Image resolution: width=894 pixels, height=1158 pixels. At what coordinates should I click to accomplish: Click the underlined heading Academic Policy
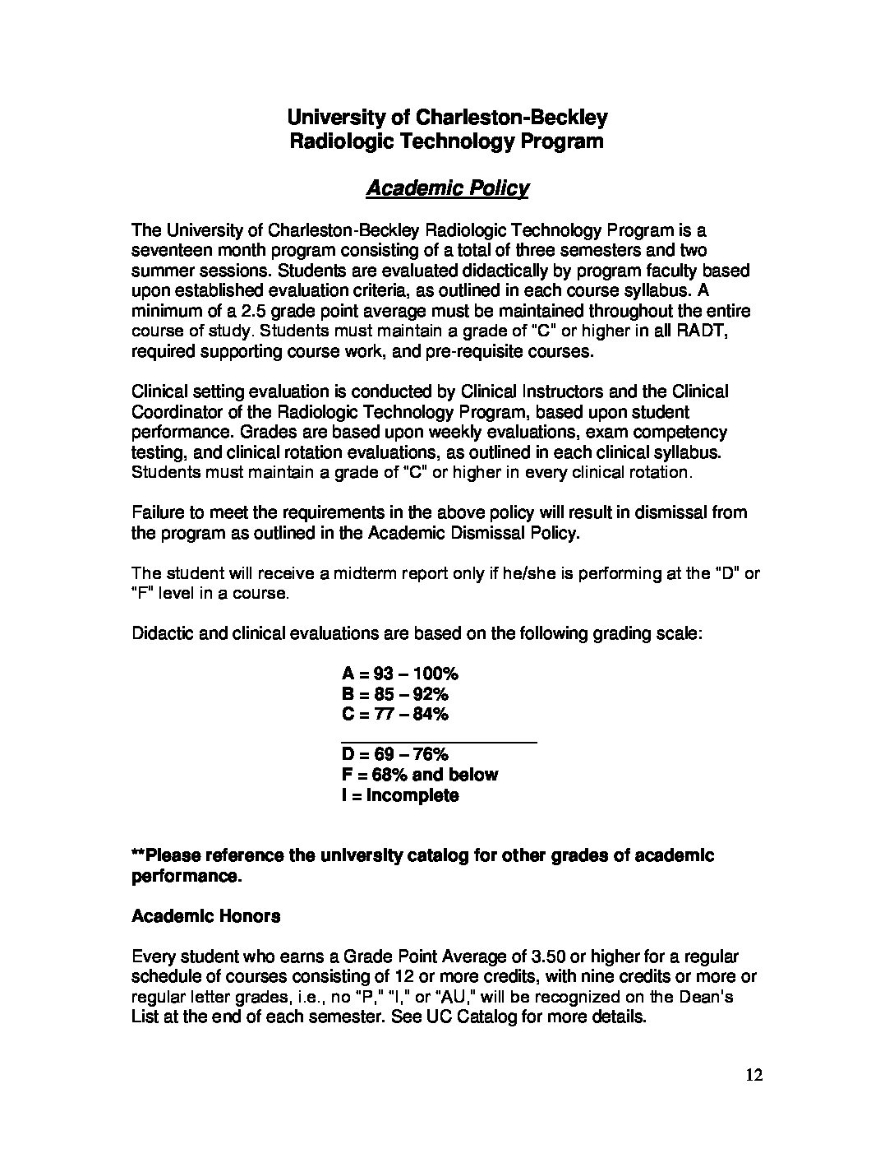tap(447, 188)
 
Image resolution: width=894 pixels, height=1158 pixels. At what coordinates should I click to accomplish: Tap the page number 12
tap(754, 1075)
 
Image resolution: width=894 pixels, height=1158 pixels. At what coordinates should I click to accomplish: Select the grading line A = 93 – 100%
tap(399, 674)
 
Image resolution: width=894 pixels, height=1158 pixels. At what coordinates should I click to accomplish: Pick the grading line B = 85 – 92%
tap(394, 694)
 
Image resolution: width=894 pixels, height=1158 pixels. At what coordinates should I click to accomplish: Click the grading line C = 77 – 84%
tap(394, 714)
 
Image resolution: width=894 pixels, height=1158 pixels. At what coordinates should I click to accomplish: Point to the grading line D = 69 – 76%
tap(394, 754)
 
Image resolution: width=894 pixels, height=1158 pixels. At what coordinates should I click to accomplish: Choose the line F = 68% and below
tap(419, 775)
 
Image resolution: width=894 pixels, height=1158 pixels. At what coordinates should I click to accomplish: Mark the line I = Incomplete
tap(399, 795)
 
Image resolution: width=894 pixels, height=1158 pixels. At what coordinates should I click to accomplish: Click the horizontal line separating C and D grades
tap(439, 743)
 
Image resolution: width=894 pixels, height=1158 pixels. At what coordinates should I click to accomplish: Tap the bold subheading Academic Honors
tap(205, 916)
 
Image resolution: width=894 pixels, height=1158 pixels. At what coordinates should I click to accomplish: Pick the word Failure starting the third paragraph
tap(159, 512)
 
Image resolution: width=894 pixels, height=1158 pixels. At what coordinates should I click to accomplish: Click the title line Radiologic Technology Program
tap(447, 141)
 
